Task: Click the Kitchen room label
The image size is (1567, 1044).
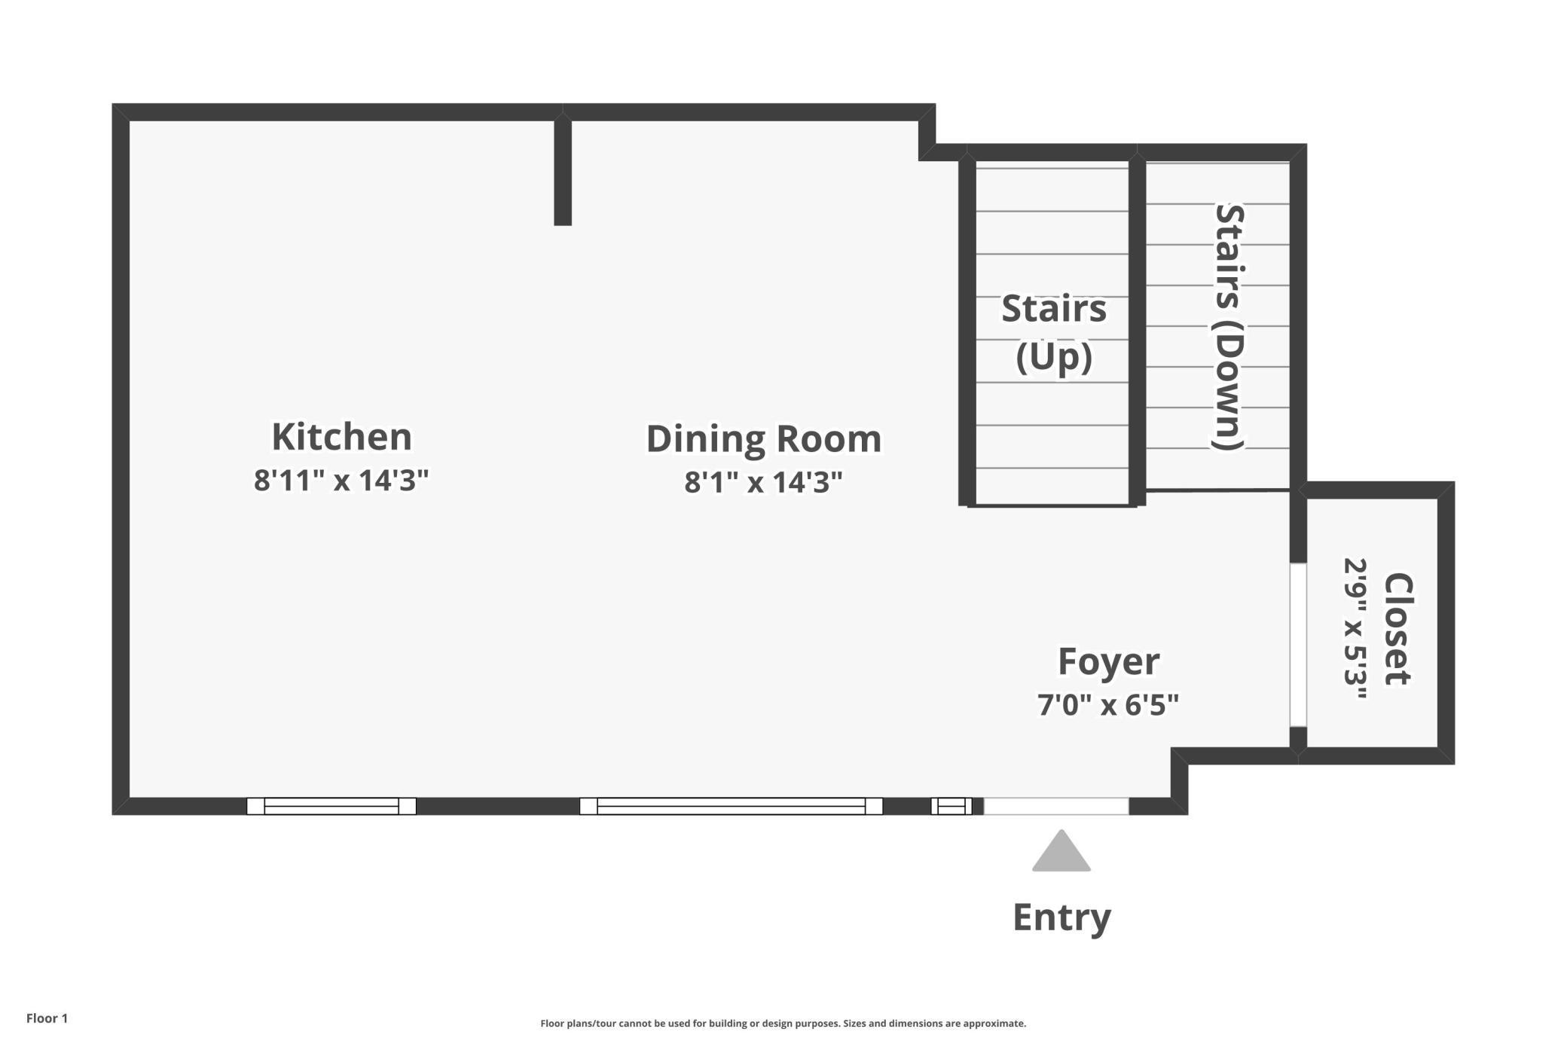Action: click(x=341, y=436)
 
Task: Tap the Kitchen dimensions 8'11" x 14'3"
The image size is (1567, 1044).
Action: click(x=341, y=480)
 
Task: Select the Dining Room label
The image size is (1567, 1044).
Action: click(x=764, y=438)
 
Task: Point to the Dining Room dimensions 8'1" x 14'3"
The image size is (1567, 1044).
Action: click(x=763, y=482)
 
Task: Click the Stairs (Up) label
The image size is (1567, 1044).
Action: click(x=1054, y=332)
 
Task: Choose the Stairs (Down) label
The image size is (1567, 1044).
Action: click(x=1228, y=327)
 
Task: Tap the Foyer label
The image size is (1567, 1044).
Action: click(x=1108, y=661)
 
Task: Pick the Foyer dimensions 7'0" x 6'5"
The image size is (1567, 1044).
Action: click(x=1108, y=705)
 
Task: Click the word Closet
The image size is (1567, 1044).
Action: click(x=1398, y=629)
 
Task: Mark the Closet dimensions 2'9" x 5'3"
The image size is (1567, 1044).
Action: click(x=1355, y=629)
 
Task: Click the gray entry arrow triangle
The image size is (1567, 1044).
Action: click(x=1061, y=851)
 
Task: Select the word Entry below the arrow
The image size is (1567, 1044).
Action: click(x=1061, y=917)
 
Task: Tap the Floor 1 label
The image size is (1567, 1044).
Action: click(x=47, y=1018)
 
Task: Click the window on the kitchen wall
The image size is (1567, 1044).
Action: click(x=331, y=806)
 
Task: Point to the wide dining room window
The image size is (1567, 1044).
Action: click(x=731, y=806)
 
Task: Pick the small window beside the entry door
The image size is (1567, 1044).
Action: click(x=952, y=806)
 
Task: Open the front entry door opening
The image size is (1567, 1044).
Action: click(x=1056, y=806)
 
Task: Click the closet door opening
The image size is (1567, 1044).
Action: click(x=1298, y=645)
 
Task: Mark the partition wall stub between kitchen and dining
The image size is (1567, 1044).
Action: click(x=563, y=169)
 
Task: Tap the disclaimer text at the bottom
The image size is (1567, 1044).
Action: click(x=783, y=1023)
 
